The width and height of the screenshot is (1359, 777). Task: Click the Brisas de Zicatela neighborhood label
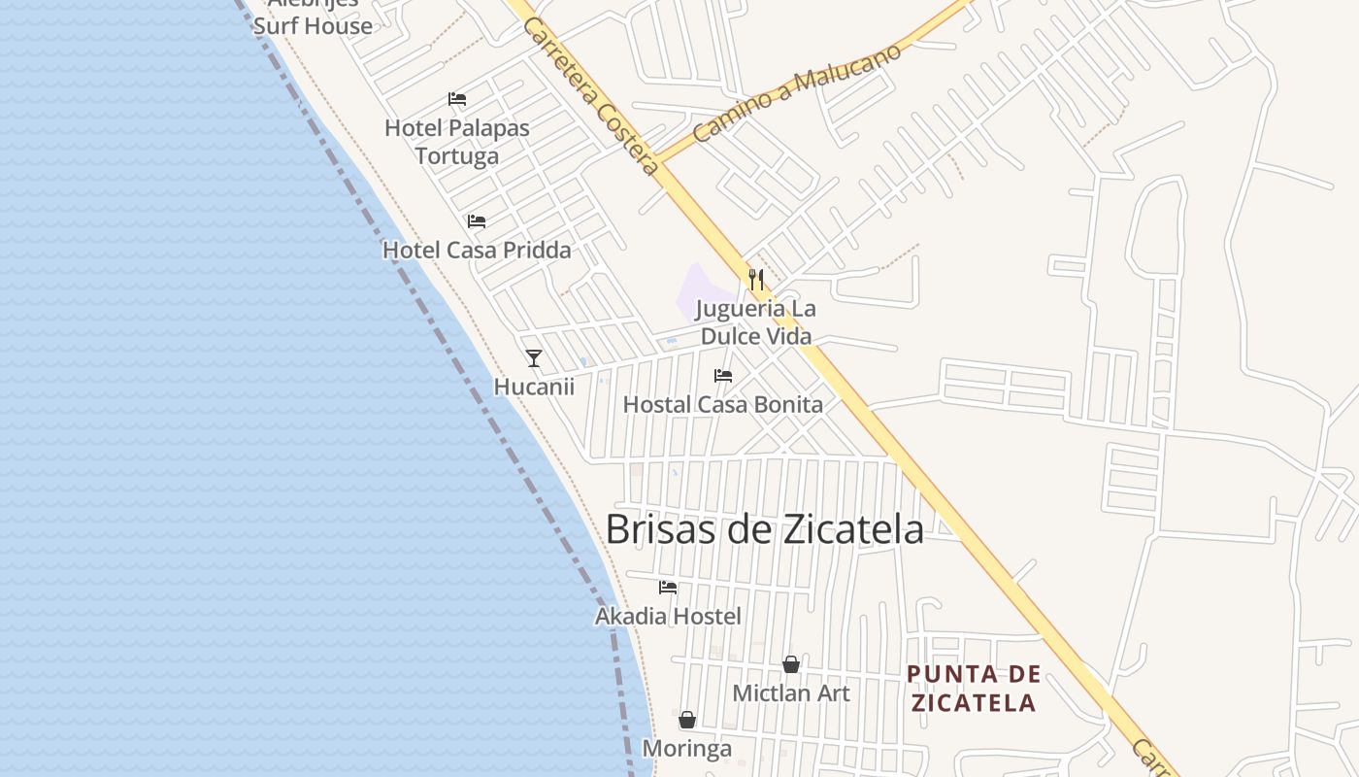click(764, 529)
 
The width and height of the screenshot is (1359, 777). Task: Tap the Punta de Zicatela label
click(974, 688)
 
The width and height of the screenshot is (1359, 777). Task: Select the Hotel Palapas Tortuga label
click(457, 142)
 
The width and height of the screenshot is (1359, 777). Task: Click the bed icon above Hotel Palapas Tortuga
click(457, 99)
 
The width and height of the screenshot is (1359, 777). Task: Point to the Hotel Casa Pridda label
click(477, 250)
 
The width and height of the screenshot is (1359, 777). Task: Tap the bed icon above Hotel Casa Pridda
click(477, 221)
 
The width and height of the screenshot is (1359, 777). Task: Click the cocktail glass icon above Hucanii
click(534, 358)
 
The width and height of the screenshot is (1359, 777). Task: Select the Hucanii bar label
click(534, 387)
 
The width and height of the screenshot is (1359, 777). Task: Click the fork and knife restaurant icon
click(756, 280)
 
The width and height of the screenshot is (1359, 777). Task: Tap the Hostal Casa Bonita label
click(722, 404)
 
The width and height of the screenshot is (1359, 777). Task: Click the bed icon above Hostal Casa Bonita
click(723, 376)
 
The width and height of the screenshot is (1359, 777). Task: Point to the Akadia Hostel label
click(668, 616)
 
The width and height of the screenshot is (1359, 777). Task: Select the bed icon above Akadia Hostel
click(668, 588)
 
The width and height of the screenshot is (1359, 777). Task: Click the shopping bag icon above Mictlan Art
click(791, 664)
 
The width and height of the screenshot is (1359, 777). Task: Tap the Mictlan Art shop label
click(791, 693)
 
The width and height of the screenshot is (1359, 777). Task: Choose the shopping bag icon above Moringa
click(687, 720)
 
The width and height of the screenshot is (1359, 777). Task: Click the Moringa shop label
click(687, 749)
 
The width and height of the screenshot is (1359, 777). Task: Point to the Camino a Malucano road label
click(797, 93)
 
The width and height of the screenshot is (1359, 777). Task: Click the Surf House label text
click(313, 25)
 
